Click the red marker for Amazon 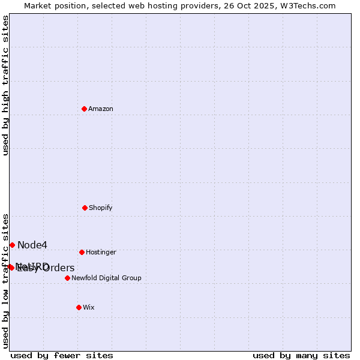point(85,109)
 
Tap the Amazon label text point(101,109)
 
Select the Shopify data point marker point(85,208)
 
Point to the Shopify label point(101,208)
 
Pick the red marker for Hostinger point(82,252)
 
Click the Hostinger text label point(101,253)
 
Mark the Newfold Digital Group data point point(67,278)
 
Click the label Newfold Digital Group point(106,278)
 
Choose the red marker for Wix point(79,307)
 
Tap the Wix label point(89,308)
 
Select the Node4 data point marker point(12,245)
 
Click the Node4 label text point(32,245)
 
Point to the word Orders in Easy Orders point(58,268)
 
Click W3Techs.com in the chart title point(309,6)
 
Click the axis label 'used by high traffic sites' point(6,85)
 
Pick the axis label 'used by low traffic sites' point(6,281)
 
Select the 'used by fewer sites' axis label point(62,356)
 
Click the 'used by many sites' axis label point(301,356)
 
